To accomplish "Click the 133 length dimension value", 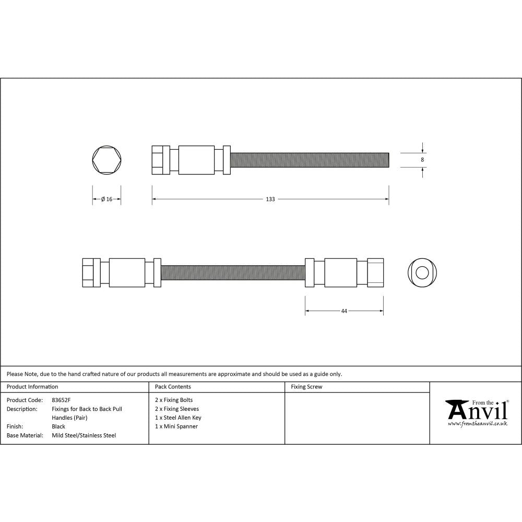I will (x=270, y=199).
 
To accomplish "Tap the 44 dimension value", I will (x=344, y=311).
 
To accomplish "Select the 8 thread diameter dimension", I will (x=422, y=160).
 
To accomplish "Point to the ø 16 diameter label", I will (x=106, y=199).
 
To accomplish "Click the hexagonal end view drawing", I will (x=107, y=159).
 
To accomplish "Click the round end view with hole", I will (x=422, y=272).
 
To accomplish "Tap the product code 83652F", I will (x=61, y=400).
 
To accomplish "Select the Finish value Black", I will (x=58, y=426).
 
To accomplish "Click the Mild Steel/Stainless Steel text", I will (x=84, y=435).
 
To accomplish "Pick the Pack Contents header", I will (x=173, y=387).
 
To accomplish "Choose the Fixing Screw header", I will (x=306, y=387).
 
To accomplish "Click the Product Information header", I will (x=32, y=387).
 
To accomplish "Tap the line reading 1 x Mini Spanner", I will (x=176, y=426).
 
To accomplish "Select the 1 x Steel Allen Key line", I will (x=178, y=418).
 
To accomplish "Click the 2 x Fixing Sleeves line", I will (x=177, y=409).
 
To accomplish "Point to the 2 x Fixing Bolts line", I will (x=174, y=400).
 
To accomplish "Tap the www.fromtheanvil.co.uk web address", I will (x=478, y=424).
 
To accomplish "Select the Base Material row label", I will (x=25, y=435).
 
